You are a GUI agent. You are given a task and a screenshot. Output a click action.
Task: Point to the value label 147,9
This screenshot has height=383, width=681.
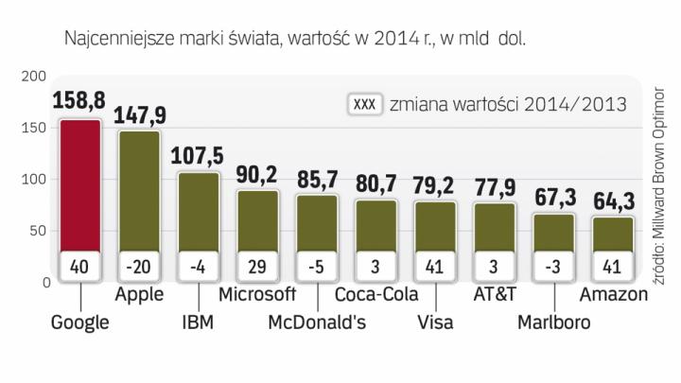139,115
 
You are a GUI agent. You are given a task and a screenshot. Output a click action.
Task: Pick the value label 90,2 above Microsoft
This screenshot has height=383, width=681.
257,175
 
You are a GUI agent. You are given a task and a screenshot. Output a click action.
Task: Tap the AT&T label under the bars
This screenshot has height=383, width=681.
494,294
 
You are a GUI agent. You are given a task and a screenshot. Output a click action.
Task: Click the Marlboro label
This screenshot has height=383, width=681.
553,322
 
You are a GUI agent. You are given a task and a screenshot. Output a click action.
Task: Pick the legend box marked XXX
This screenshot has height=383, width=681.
363,103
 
